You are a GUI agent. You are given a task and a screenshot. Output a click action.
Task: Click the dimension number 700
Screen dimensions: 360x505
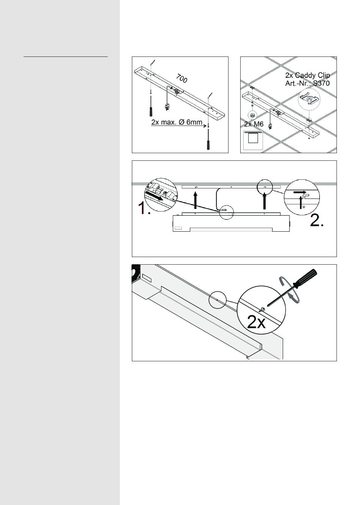(x=182, y=78)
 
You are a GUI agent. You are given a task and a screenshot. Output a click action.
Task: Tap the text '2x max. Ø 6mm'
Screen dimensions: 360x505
(x=177, y=122)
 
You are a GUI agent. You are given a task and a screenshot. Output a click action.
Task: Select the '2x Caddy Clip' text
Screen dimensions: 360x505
(x=307, y=75)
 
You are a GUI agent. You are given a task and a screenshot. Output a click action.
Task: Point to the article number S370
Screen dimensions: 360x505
(x=321, y=83)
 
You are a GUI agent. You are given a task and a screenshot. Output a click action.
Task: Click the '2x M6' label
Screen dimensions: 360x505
(x=254, y=124)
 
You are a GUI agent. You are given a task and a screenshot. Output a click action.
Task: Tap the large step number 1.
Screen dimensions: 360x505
(x=144, y=208)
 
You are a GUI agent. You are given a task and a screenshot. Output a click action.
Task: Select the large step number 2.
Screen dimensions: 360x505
(x=317, y=220)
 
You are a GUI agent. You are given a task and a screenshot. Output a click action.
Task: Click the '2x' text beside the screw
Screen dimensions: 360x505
(x=257, y=323)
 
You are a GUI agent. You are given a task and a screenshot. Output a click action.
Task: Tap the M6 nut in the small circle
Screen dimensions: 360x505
(x=252, y=115)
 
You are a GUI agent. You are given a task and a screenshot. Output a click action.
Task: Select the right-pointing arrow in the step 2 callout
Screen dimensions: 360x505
(x=300, y=192)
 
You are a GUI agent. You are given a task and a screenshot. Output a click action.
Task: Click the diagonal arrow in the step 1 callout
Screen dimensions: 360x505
(x=154, y=196)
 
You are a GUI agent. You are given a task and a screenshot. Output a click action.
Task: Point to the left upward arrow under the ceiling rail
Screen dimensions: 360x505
(x=195, y=200)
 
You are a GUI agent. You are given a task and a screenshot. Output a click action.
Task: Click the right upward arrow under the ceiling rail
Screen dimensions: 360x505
(x=265, y=201)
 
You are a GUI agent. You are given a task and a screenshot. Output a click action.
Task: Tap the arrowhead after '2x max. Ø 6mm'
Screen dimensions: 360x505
(x=204, y=125)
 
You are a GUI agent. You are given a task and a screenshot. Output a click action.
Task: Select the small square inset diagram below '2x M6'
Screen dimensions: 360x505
(x=253, y=140)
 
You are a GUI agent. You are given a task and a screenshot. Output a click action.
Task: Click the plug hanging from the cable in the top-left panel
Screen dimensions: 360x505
(x=167, y=107)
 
